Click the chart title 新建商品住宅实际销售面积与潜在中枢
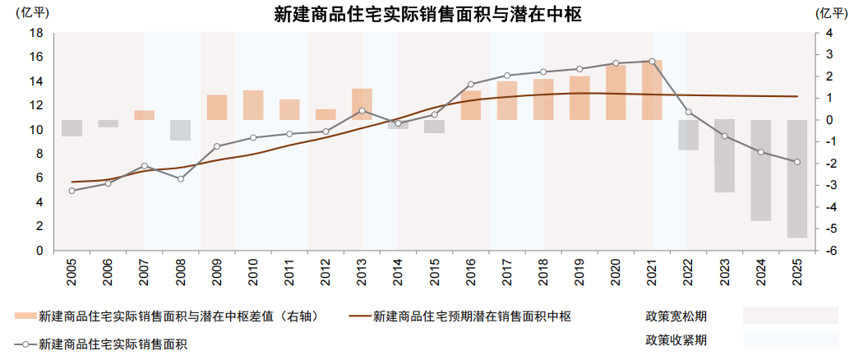click(427, 14)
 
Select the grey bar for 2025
click(796, 178)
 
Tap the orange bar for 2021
click(652, 90)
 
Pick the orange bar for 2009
click(217, 107)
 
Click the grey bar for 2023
click(724, 156)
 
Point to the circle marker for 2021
click(652, 62)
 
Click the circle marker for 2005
click(72, 191)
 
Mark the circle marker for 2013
click(362, 110)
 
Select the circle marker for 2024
click(760, 152)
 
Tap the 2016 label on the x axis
click(471, 271)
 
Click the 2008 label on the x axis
click(181, 271)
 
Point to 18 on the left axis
click(36, 33)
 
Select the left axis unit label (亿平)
click(21, 13)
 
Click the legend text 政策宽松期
click(676, 316)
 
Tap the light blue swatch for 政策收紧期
click(790, 339)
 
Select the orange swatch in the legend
click(25, 316)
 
